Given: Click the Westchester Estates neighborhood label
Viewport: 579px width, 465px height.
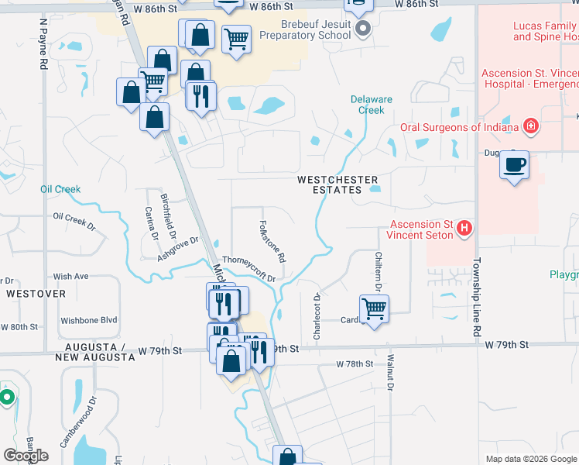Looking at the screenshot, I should click(x=329, y=184).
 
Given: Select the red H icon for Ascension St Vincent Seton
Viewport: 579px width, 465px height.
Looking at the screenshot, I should click(x=464, y=227).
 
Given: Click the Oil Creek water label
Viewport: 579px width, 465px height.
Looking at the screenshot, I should click(x=60, y=189).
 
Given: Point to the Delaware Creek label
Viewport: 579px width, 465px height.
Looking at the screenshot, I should click(x=372, y=105).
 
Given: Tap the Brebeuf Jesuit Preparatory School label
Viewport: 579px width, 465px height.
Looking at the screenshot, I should click(x=304, y=30).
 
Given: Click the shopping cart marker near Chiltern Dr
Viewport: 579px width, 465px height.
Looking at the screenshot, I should click(x=374, y=308).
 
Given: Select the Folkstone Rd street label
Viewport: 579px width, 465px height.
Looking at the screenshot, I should click(x=272, y=240).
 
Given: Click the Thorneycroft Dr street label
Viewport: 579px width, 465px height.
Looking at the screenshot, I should click(x=249, y=268).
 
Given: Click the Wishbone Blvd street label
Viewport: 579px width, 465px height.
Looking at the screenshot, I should click(x=89, y=320).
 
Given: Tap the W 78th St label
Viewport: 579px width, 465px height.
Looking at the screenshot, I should click(x=355, y=364).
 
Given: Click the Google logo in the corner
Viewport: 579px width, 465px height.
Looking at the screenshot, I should click(x=26, y=456).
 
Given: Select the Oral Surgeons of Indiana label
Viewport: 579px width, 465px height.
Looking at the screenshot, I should click(x=460, y=128).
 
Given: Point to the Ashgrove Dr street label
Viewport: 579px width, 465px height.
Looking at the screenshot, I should click(x=179, y=248).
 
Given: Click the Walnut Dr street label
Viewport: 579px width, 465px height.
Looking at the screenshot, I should click(x=391, y=372).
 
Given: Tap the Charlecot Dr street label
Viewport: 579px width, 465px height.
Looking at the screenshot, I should click(x=317, y=315).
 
